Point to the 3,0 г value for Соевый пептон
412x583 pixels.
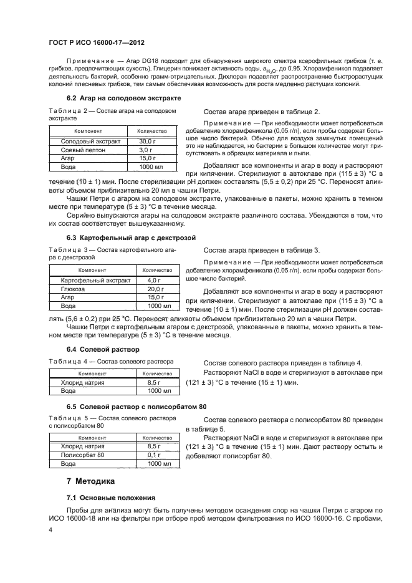coord(146,151)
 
